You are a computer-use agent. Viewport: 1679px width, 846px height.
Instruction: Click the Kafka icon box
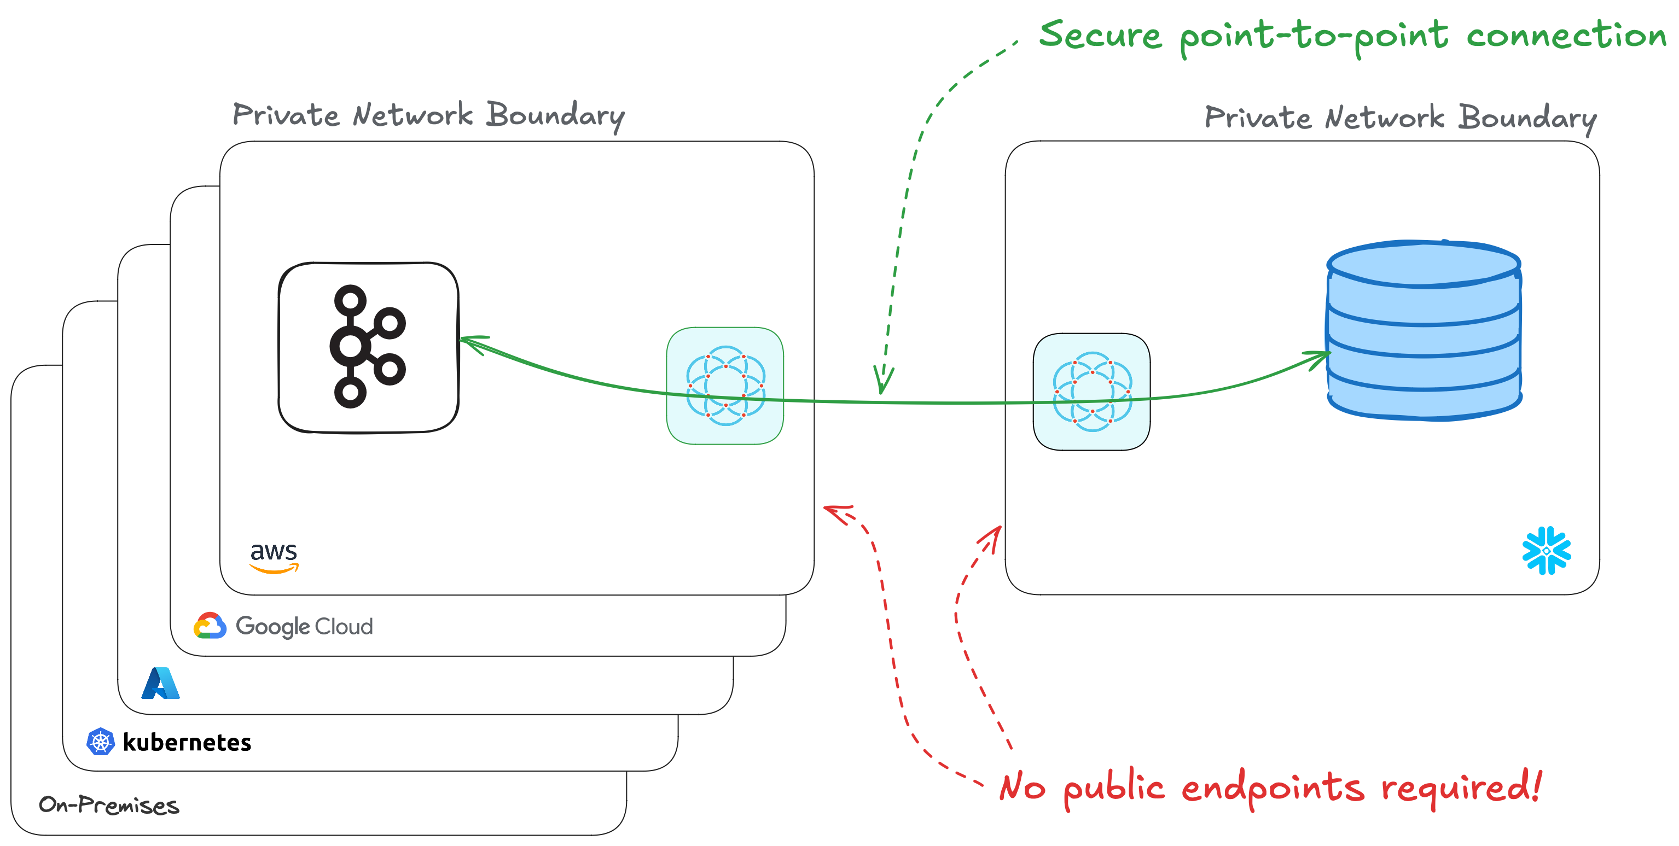(368, 347)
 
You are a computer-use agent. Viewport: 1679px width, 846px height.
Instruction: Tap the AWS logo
(274, 557)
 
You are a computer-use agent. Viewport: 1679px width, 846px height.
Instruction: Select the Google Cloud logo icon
(210, 626)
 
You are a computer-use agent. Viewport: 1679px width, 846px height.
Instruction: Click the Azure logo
(160, 683)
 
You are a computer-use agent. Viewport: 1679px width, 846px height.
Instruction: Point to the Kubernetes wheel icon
(100, 741)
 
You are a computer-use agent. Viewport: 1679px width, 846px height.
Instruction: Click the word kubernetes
(187, 742)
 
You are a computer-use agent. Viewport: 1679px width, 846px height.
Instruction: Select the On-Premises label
(109, 805)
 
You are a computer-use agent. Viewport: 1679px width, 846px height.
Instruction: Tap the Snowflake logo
(1546, 551)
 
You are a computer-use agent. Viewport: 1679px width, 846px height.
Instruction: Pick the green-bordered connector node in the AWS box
(725, 386)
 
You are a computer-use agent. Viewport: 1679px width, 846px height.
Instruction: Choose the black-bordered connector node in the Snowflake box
(1092, 392)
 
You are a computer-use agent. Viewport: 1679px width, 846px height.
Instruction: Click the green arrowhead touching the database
(1320, 357)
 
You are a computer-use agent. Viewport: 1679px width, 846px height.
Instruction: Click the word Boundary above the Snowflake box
(1526, 119)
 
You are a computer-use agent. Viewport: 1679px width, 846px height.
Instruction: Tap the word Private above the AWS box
(286, 115)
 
